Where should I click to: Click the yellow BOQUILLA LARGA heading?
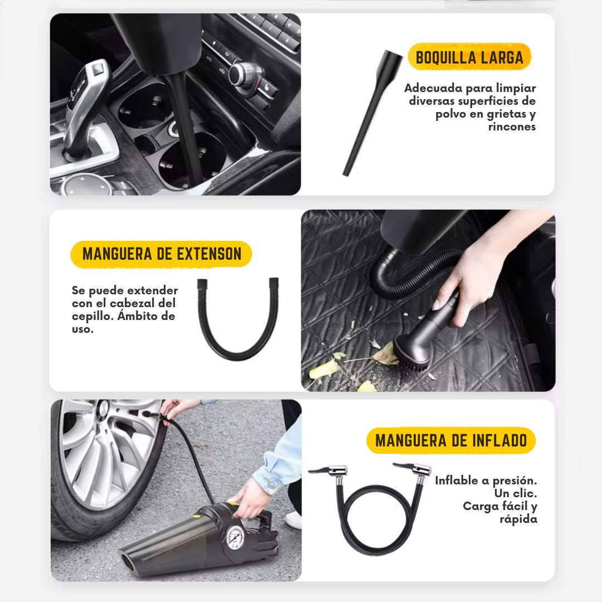(x=469, y=57)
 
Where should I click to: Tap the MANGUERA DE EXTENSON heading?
(x=162, y=254)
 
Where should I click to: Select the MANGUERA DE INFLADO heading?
(x=451, y=440)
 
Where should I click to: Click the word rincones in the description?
(x=512, y=127)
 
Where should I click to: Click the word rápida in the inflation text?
(x=518, y=519)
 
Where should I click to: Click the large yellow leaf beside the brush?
(x=386, y=353)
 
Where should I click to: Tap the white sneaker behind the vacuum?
(x=294, y=520)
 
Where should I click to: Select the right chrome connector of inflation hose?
(x=413, y=470)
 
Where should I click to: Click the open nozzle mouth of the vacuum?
(x=127, y=562)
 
